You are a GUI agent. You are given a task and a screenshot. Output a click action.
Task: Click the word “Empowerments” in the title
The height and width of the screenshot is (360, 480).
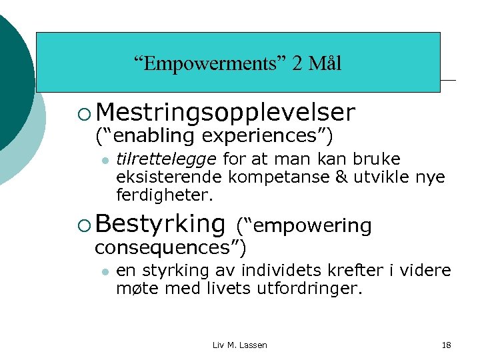coord(209,64)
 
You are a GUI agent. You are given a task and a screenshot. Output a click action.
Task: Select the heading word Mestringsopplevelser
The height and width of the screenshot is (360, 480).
coord(229,113)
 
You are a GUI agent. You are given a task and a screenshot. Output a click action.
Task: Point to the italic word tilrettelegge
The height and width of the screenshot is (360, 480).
coord(166,159)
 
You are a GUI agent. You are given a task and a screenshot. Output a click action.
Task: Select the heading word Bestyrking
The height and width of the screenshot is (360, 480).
coord(164,225)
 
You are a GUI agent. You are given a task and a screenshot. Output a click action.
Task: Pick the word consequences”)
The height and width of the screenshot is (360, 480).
coord(171,248)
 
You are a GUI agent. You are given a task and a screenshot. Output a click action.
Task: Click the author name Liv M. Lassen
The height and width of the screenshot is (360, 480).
coord(239,345)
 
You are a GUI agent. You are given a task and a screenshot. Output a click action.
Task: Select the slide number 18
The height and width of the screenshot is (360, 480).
coord(446,345)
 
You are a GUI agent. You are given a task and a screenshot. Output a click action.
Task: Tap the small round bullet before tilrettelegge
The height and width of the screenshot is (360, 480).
coord(105,160)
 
